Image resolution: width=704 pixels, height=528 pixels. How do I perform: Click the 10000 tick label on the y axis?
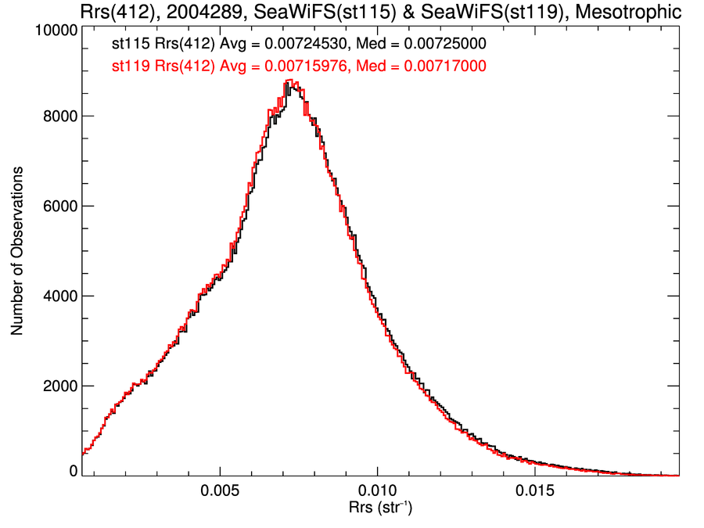(56, 31)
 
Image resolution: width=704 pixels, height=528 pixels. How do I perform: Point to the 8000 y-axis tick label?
(59, 116)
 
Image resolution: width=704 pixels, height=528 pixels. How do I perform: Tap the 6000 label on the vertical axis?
(59, 206)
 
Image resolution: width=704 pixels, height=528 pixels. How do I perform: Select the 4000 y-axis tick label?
(59, 296)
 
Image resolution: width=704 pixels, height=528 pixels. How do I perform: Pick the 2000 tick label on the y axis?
(59, 386)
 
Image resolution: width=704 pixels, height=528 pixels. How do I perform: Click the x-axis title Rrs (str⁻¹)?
(380, 510)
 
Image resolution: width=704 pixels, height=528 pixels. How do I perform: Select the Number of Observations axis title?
(16, 251)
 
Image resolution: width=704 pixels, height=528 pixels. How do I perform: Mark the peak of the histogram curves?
(289, 81)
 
